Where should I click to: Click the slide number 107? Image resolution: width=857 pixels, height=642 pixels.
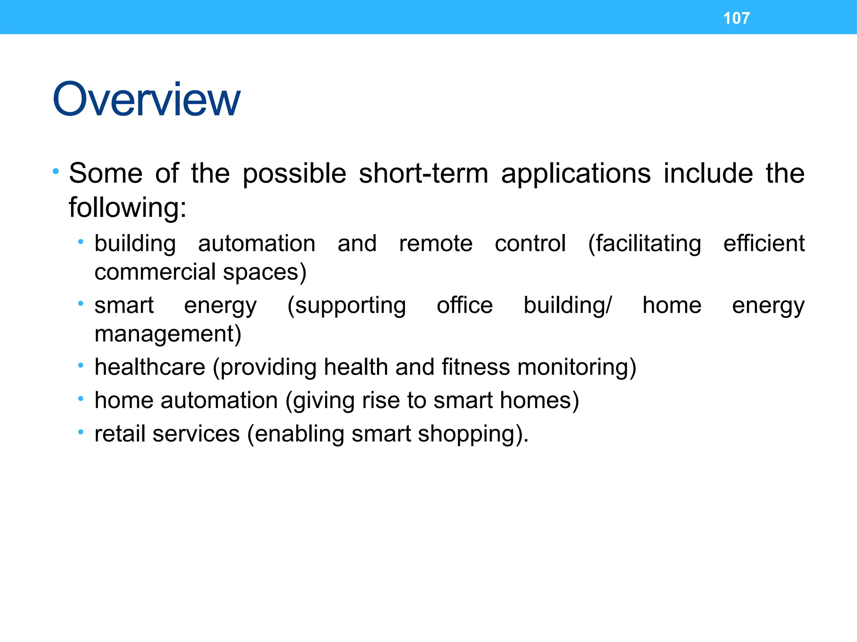[736, 18]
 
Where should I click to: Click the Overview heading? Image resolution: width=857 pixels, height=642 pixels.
[146, 99]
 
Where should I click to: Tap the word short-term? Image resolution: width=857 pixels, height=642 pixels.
[423, 173]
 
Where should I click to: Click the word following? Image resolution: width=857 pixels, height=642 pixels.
[127, 208]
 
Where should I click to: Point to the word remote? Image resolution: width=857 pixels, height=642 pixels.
[436, 244]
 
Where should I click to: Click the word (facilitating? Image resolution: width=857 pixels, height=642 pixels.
[644, 244]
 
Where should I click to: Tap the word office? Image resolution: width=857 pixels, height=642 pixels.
[464, 305]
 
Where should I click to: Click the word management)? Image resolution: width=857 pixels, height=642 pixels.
[168, 334]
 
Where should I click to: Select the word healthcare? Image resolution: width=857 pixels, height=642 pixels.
[150, 367]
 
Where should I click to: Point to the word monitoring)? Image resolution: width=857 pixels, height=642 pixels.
[577, 368]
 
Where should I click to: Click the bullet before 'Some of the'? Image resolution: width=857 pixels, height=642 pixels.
[56, 171]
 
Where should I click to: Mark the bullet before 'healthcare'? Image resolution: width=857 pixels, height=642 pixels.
[81, 366]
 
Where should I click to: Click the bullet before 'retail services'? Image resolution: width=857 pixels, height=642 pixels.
[81, 432]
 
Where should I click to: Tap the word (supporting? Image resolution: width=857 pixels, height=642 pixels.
[346, 306]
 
